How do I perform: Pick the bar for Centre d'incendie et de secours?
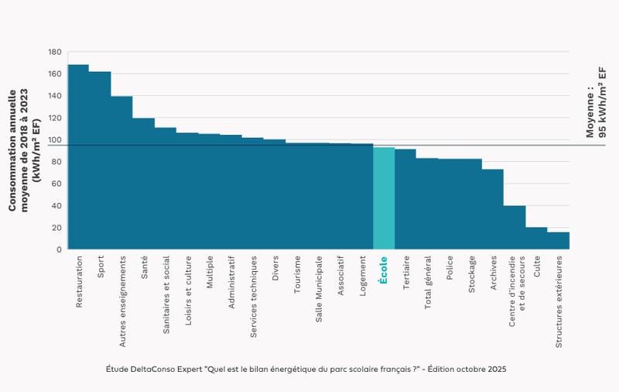[515, 228]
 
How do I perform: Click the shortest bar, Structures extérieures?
[558, 241]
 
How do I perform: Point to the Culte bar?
[536, 239]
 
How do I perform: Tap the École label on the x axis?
[384, 271]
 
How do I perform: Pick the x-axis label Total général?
[428, 282]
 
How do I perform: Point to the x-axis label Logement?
[362, 275]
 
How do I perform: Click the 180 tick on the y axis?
[54, 52]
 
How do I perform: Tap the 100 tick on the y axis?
[54, 140]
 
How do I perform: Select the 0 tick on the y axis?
[59, 249]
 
